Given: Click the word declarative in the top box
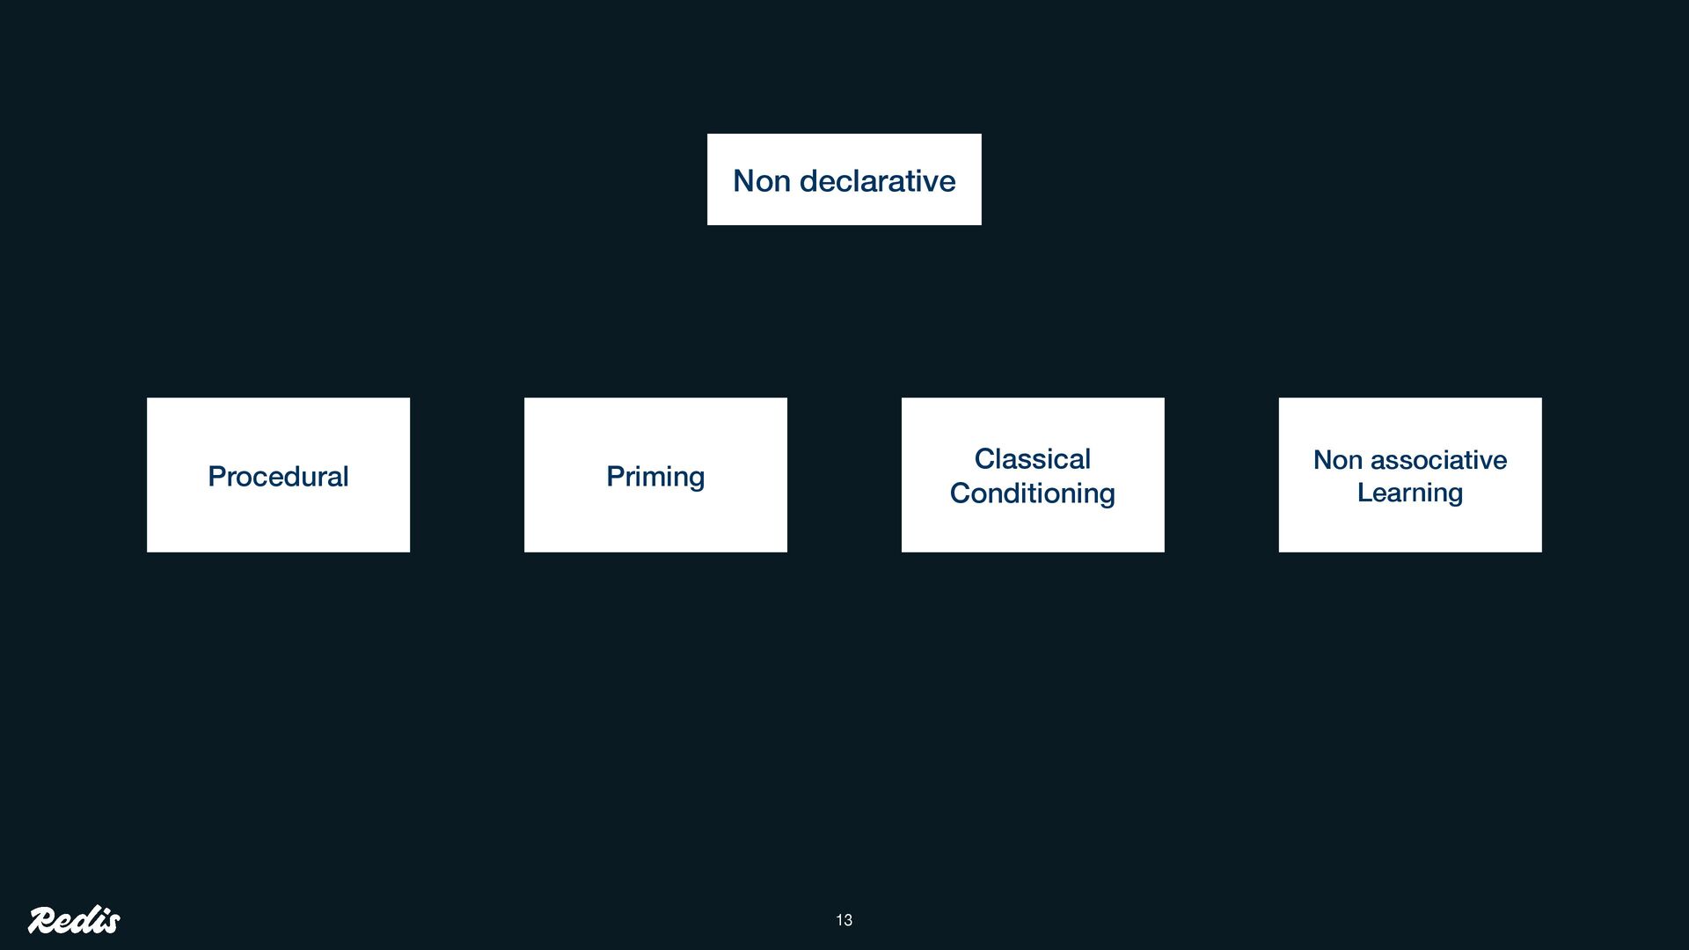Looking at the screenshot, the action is point(877,181).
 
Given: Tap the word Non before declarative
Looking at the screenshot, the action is point(761,181).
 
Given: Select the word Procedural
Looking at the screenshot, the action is point(278,477).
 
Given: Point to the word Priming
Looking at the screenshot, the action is point(655,477).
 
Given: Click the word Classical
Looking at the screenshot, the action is point(1032,459).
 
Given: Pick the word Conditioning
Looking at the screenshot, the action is point(1032,493).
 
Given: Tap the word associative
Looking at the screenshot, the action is point(1438,460).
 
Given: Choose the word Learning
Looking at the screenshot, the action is point(1409,493).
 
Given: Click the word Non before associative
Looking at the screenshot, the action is point(1337,460).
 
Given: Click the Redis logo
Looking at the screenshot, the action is point(74,919).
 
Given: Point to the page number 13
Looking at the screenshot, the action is point(844,920).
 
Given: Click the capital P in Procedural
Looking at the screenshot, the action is point(216,477).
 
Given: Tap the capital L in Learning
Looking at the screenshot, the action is point(1364,493).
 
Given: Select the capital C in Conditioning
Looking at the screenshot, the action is point(960,493).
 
